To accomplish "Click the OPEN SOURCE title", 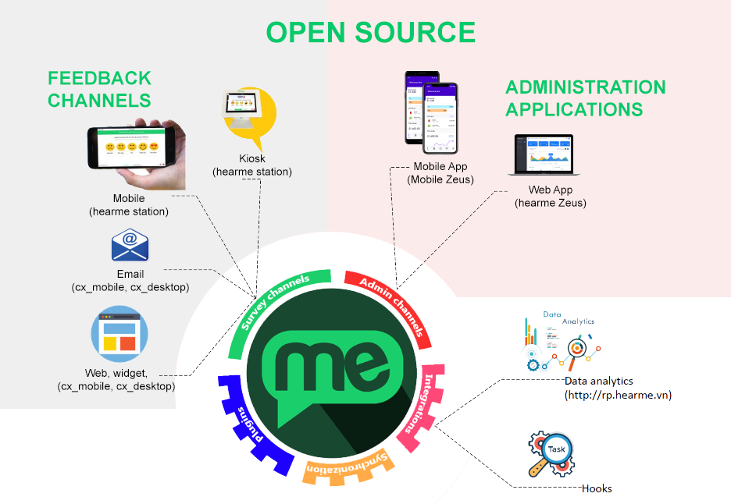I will click(370, 32).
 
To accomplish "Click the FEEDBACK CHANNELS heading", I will click(99, 89).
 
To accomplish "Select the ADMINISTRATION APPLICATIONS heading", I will click(586, 98).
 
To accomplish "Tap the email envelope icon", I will click(130, 246).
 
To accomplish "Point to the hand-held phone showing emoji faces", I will click(137, 151).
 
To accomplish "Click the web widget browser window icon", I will click(120, 334).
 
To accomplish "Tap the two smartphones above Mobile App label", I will click(430, 113).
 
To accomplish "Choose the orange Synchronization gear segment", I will click(349, 467).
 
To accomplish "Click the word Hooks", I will click(597, 488).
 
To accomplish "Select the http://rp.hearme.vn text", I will click(618, 395).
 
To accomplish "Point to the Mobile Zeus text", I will click(440, 179).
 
